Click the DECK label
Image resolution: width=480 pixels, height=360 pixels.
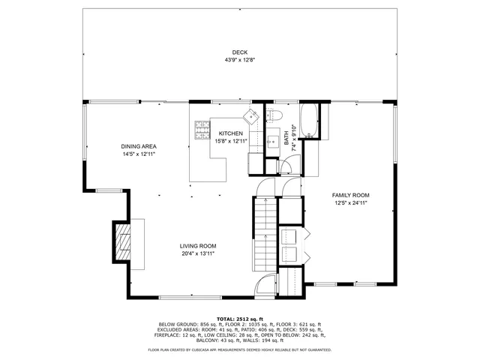(239, 52)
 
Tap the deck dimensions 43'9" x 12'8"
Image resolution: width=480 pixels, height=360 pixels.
(239, 60)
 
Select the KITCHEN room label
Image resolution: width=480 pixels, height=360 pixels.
(230, 133)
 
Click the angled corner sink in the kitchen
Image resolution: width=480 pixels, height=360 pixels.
(250, 115)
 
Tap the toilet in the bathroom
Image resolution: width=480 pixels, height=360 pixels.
(274, 115)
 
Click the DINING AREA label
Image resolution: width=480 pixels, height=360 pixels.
(138, 146)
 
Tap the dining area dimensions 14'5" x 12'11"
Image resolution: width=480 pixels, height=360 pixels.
(138, 154)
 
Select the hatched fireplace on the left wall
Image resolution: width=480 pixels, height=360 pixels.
(121, 242)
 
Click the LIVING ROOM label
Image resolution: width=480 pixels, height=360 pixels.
(197, 246)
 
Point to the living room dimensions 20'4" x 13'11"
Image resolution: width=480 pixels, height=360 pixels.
(197, 253)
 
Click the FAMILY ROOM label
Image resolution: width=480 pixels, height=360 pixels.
(351, 195)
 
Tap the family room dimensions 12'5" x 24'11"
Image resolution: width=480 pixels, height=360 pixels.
(351, 202)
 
